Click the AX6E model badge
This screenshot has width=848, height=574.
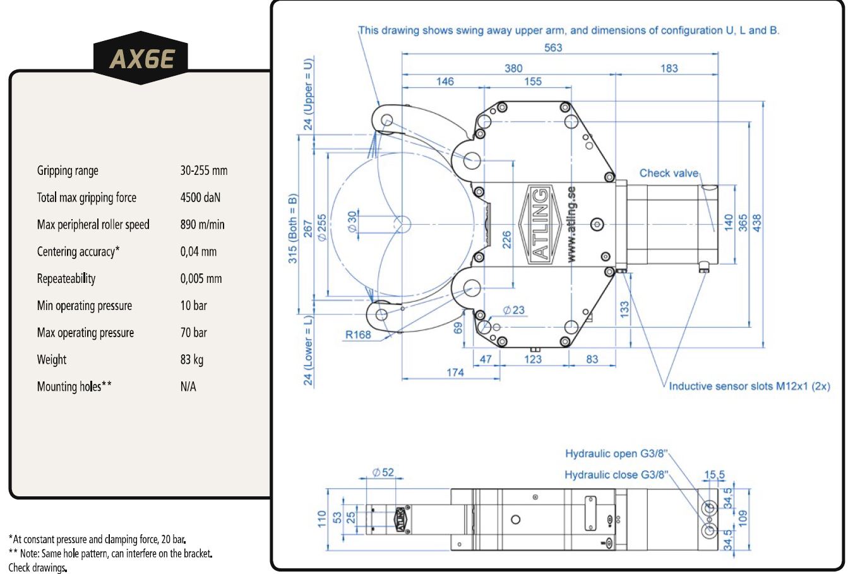(141, 59)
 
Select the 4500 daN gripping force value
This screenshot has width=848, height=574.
(200, 198)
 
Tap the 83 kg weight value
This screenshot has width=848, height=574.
(192, 360)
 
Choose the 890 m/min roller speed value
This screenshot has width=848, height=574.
(202, 225)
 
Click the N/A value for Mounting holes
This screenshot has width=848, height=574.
(188, 387)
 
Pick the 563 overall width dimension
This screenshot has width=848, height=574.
(553, 47)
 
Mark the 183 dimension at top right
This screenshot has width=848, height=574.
(669, 68)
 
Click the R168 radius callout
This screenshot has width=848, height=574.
(358, 335)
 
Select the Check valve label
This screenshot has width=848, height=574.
(669, 173)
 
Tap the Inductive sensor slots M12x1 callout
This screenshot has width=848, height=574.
(749, 386)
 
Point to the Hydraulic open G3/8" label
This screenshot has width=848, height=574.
(616, 453)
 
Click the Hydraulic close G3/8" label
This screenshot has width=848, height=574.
(616, 475)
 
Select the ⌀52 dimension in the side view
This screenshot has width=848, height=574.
(383, 472)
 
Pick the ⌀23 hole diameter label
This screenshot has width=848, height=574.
(514, 310)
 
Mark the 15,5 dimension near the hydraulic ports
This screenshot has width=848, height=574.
(715, 475)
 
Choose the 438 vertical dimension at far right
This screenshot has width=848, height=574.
(757, 222)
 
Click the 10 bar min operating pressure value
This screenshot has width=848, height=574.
(193, 306)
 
